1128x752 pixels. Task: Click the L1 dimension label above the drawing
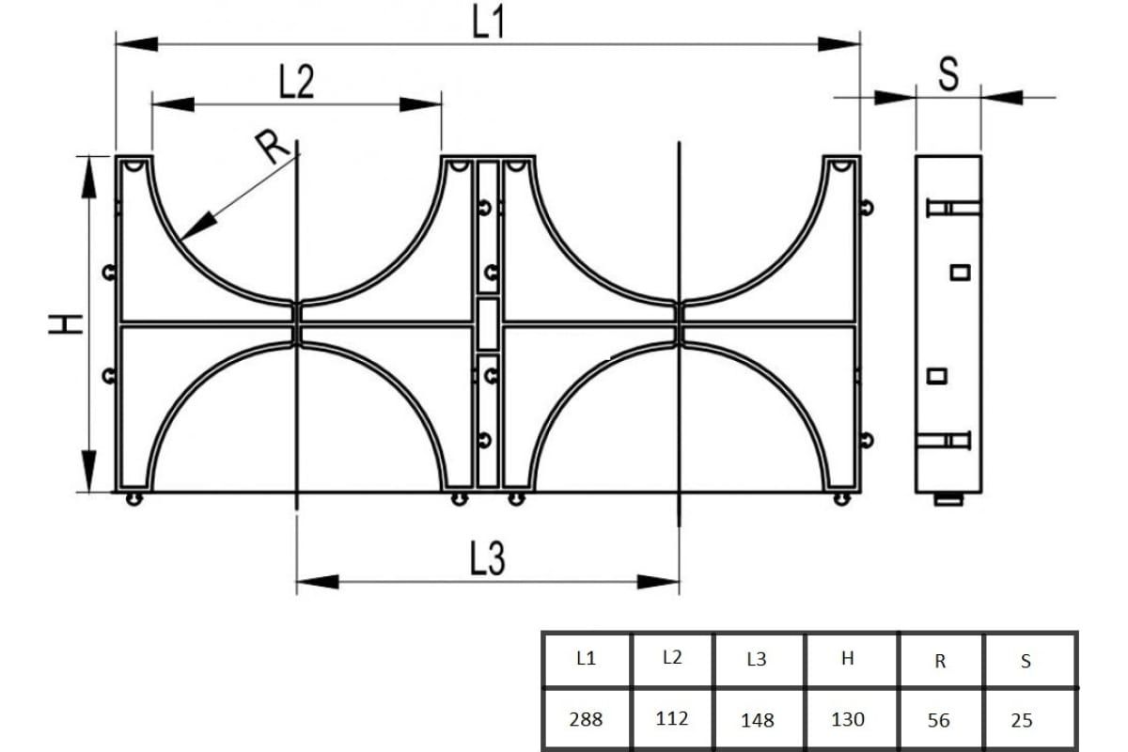(488, 23)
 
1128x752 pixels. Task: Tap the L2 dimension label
(297, 81)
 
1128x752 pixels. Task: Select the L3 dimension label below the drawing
(487, 558)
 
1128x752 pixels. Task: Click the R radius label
(272, 146)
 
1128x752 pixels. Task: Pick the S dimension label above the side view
(948, 74)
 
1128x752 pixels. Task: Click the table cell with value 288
(587, 719)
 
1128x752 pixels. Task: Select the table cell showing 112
(672, 718)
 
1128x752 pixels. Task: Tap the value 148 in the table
(758, 720)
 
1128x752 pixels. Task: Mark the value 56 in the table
(939, 720)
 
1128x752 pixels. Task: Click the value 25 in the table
(1022, 720)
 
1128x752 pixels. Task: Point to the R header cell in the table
(940, 659)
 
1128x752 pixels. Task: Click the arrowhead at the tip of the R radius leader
(181, 240)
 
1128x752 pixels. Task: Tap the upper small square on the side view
(961, 273)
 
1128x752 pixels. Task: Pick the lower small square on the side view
(936, 376)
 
